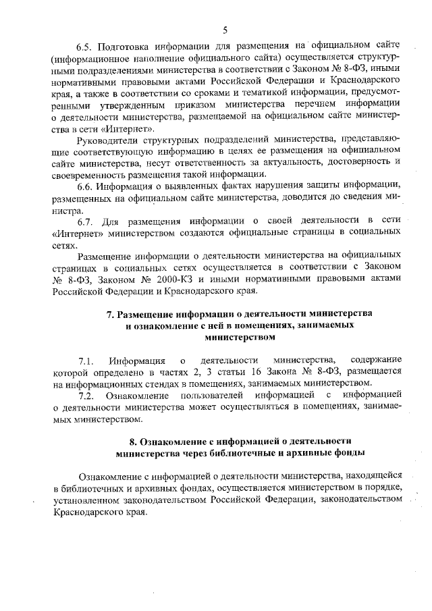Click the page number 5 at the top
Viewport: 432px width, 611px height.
[x=225, y=29]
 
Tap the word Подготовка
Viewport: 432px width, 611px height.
[x=123, y=47]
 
